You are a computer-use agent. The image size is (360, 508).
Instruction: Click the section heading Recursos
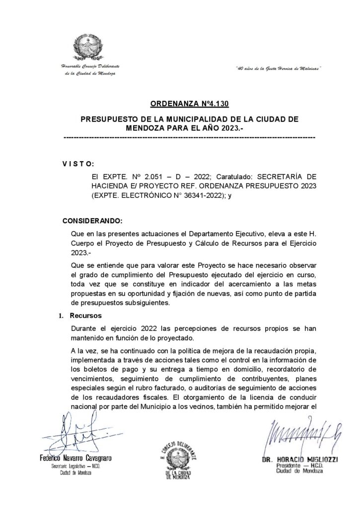click(x=86, y=315)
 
